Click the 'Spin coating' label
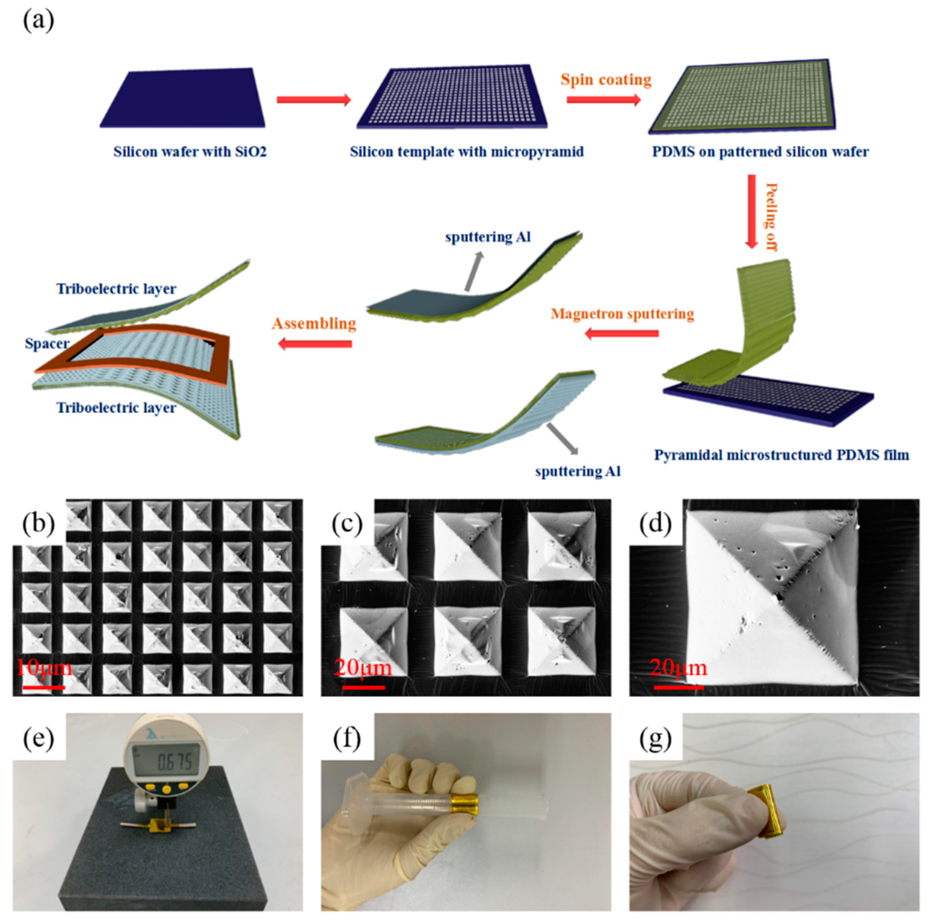[x=605, y=80]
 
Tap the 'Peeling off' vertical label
[x=771, y=217]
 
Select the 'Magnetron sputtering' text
[x=622, y=314]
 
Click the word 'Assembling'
[x=314, y=323]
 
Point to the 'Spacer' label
[x=47, y=343]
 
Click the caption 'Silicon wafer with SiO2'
[x=190, y=152]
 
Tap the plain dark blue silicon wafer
[x=183, y=99]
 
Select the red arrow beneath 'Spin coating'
[x=603, y=100]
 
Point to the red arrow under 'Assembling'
[x=315, y=343]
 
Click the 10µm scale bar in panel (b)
[x=43, y=687]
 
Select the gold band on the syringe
[x=464, y=803]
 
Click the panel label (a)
[x=39, y=22]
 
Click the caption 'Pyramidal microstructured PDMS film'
[x=781, y=455]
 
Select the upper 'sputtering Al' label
[x=488, y=237]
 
